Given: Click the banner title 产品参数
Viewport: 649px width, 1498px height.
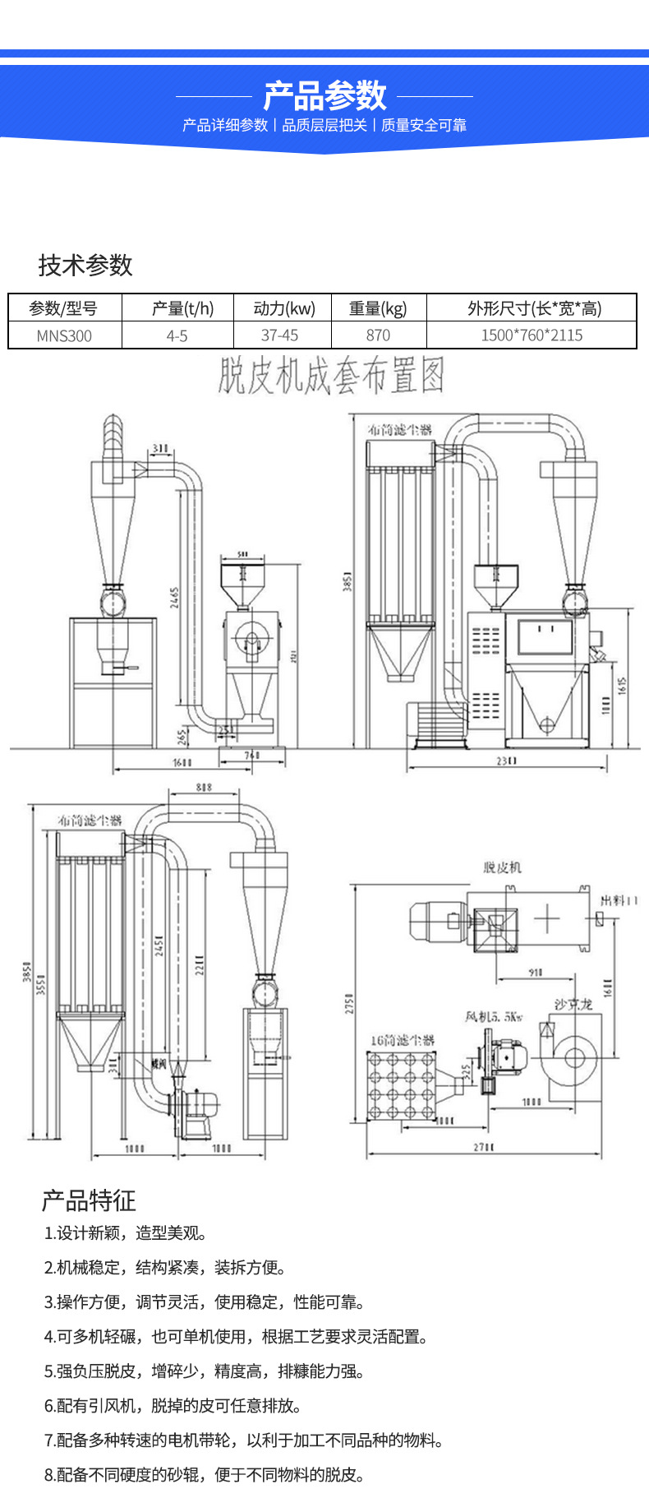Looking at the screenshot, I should tap(324, 96).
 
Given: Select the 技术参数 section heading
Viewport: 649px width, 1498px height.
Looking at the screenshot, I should tap(85, 265).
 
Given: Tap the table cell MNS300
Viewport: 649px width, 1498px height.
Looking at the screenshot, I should tap(64, 335).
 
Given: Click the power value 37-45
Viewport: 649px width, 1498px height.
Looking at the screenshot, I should tap(280, 335).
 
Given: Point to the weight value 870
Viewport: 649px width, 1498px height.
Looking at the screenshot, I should tap(378, 335).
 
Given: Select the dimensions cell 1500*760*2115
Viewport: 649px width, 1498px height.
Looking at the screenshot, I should tap(532, 335).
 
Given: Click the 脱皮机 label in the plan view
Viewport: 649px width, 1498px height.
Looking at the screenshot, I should tap(502, 867).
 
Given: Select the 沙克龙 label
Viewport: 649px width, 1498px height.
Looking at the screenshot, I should tap(573, 1005).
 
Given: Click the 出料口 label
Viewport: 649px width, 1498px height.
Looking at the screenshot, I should tap(619, 901).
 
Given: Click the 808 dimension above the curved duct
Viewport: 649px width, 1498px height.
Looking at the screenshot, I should tap(204, 788).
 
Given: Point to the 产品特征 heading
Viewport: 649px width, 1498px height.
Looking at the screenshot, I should tap(89, 1200).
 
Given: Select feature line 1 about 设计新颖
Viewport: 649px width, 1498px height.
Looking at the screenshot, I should tap(126, 1233).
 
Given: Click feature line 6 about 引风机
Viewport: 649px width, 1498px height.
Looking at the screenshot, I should tap(173, 1406).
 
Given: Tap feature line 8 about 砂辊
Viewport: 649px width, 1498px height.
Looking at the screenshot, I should tap(204, 1475).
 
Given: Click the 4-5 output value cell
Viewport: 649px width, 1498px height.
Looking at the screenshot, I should tap(177, 335).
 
